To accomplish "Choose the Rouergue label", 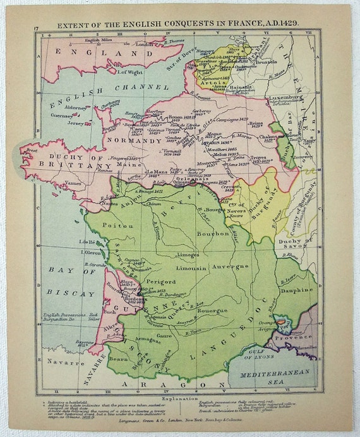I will [x=214, y=310].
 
